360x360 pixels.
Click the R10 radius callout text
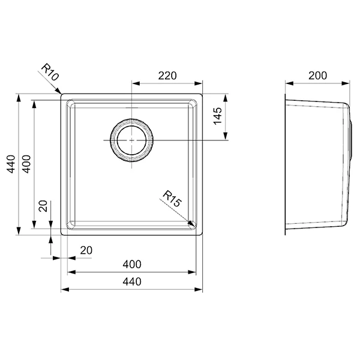[x=50, y=72]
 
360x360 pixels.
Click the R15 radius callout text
[x=172, y=199]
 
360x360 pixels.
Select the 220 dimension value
[x=167, y=76]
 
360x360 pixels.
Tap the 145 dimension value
[x=218, y=116]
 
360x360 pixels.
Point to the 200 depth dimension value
[x=317, y=76]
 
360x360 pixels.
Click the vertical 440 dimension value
[x=11, y=164]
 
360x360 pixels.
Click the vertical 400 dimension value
[x=26, y=164]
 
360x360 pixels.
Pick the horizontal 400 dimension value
[x=132, y=264]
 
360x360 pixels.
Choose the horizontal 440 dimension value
[x=132, y=281]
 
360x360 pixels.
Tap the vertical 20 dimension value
[x=43, y=206]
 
